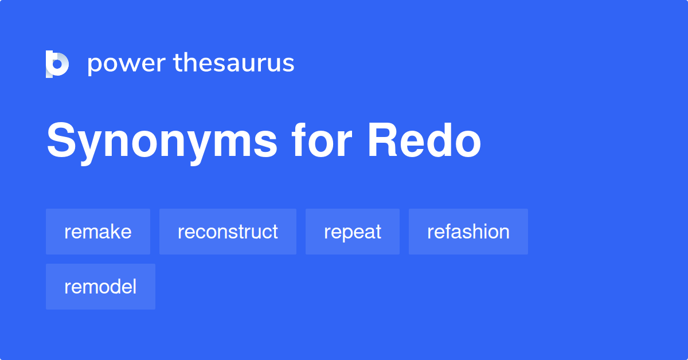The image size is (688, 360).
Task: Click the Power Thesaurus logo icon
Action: [x=57, y=64]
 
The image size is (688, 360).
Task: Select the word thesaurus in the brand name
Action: [x=234, y=64]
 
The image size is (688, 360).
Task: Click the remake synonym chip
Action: [x=98, y=232]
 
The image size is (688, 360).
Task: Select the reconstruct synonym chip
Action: [x=228, y=232]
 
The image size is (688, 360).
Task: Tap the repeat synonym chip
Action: [x=353, y=232]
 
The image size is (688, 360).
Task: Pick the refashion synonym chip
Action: [x=468, y=232]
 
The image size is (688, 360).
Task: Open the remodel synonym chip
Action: [x=100, y=287]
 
